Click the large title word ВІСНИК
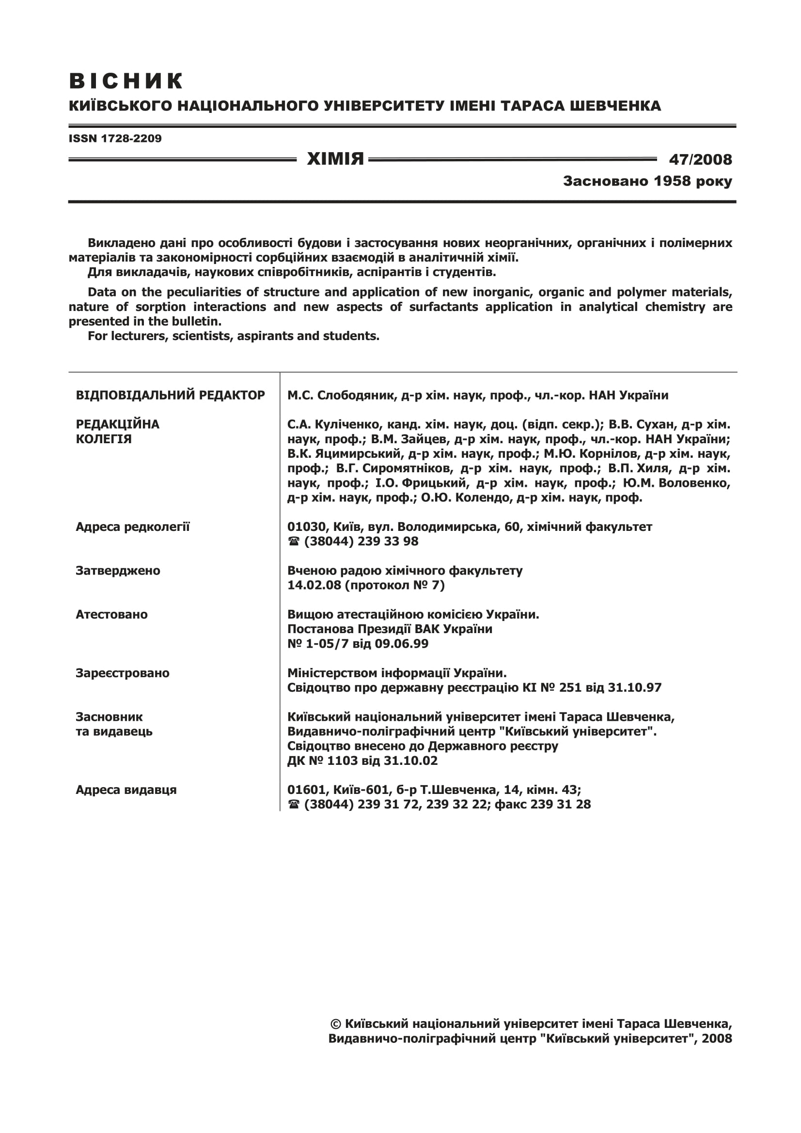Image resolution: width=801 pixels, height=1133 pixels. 126,81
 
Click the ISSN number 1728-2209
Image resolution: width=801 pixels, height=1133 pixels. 131,139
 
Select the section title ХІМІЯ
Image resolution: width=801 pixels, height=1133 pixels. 335,159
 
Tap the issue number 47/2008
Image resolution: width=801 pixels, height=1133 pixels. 700,159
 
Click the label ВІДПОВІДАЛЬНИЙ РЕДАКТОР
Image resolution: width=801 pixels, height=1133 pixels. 170,395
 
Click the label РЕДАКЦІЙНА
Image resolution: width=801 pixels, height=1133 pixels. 117,424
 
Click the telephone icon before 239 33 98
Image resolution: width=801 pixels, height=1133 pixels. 294,542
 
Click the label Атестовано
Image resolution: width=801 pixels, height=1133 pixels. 111,615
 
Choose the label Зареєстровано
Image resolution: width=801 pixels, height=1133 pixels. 123,673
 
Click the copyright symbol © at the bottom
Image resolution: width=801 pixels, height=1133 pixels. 336,1024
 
